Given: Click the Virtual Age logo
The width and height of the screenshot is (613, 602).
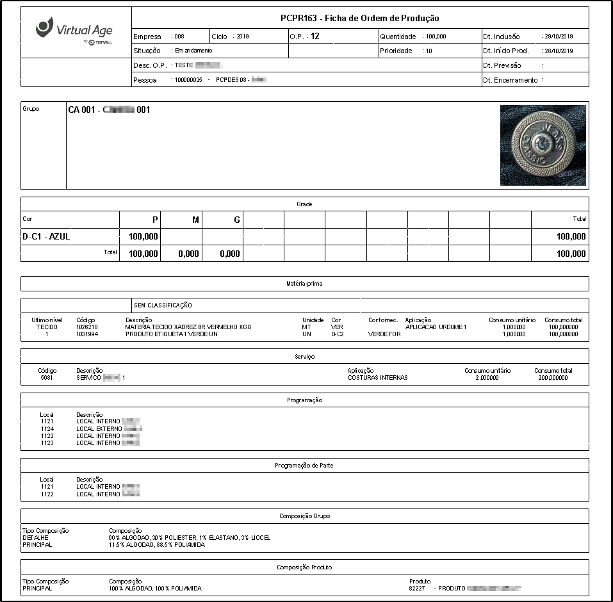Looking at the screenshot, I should coord(75,31).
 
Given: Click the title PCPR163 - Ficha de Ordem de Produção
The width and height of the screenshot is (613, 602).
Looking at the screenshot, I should coord(359,19).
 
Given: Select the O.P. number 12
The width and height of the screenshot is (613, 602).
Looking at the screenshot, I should coord(315,37).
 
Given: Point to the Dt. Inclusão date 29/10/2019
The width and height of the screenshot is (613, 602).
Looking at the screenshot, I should coord(557,37).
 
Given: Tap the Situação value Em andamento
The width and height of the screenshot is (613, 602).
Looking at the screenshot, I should coord(193,51).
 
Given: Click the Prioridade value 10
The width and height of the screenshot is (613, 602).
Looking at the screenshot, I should coord(429,51).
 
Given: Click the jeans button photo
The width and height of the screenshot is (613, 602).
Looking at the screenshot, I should coord(543,145).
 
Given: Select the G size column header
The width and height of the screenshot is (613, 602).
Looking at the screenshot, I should coord(237,220).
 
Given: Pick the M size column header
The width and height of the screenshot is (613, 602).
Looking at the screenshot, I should coord(196,220).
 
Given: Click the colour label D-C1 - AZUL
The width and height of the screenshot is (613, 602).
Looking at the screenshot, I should coord(46,236).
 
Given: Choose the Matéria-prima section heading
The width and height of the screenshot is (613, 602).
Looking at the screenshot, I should coord(304,283).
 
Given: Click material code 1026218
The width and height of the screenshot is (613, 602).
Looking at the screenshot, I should coord(87,327).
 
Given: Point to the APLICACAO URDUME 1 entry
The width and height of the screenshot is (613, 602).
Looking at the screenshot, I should coord(436,327).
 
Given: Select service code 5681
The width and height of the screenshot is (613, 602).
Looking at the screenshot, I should coord(47,378).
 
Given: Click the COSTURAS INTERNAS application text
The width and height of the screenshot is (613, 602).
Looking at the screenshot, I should coord(377,378).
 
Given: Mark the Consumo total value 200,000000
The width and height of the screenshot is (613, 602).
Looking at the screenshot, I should coord(552,378).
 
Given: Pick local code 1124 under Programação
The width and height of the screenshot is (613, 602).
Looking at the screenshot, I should coord(47,428).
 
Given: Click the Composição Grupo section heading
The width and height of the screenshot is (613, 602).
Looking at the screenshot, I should coord(304,516).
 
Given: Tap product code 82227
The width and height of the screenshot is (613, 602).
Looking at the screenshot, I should coord(417,588).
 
